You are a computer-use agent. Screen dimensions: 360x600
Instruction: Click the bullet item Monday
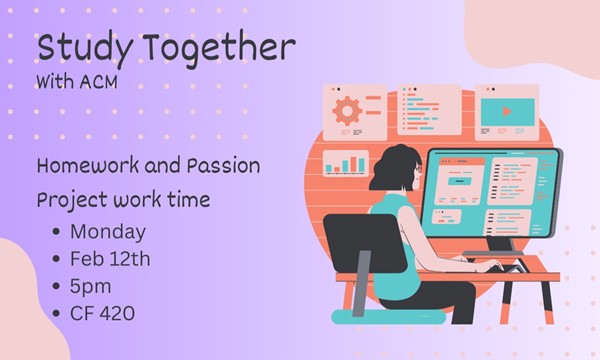tap(108, 232)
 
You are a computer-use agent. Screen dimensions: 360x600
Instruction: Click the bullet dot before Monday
tap(54, 233)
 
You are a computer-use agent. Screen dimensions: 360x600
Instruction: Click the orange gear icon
tap(347, 109)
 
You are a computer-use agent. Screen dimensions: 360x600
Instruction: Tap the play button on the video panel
tap(506, 111)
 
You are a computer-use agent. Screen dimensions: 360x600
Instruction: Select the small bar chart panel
tap(345, 163)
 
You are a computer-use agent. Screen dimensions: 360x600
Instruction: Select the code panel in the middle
tap(429, 109)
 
